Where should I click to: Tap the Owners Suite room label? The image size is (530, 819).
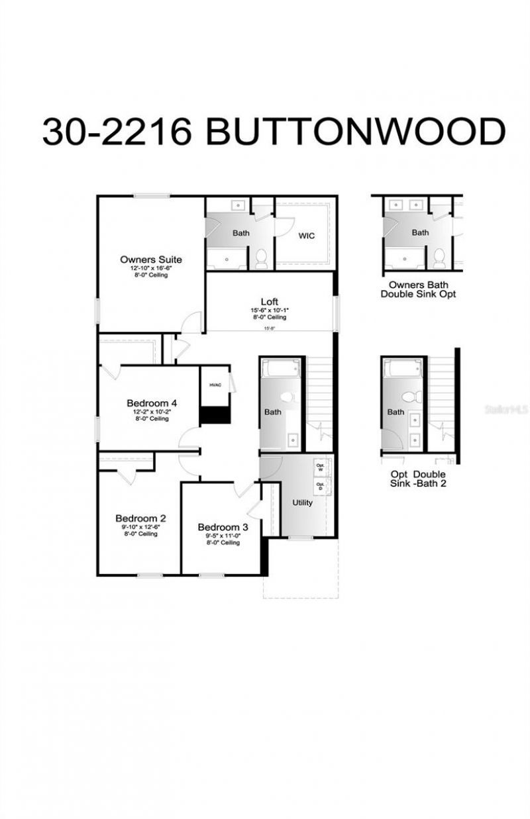pyautogui.click(x=150, y=260)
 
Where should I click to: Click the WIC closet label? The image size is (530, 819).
pyautogui.click(x=306, y=235)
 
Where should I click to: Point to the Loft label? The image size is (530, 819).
pyautogui.click(x=269, y=301)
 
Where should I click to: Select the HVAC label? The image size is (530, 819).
pyautogui.click(x=215, y=384)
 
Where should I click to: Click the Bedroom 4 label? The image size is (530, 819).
pyautogui.click(x=152, y=403)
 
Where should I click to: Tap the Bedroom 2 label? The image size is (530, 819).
pyautogui.click(x=140, y=518)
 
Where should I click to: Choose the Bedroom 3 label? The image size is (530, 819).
pyautogui.click(x=223, y=527)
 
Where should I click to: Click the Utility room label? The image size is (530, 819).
pyautogui.click(x=302, y=503)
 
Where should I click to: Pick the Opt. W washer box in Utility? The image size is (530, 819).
pyautogui.click(x=321, y=465)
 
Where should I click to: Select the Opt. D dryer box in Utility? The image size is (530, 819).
pyautogui.click(x=321, y=486)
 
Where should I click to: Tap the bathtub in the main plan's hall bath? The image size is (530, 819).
pyautogui.click(x=282, y=368)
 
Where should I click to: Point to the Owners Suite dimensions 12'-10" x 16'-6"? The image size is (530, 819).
pyautogui.click(x=150, y=269)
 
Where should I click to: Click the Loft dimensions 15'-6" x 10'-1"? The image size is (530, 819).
pyautogui.click(x=269, y=311)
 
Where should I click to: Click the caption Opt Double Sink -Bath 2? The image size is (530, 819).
pyautogui.click(x=417, y=479)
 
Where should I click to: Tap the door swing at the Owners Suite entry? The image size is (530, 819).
pyautogui.click(x=192, y=322)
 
